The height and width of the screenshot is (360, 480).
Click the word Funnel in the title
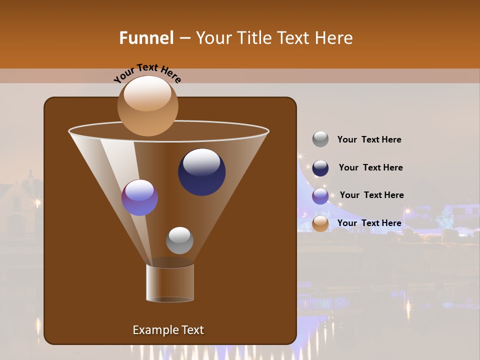pos(146,38)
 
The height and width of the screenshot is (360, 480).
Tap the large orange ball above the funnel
pos(147,105)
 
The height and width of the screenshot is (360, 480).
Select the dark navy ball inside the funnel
pos(201,172)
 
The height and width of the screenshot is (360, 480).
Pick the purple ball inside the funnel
pos(139,197)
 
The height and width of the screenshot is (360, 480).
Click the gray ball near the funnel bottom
pos(179,240)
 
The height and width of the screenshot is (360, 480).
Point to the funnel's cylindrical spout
pos(170,283)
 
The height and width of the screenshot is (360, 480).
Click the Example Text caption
pos(168,330)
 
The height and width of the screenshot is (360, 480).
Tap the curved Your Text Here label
pos(147,73)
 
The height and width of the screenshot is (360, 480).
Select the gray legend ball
pos(320,139)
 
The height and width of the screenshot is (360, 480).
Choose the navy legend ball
pos(320,168)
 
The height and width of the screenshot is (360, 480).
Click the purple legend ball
pos(320,196)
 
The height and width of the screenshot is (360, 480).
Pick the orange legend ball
pos(320,223)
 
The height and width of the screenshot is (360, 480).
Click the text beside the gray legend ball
pos(369,139)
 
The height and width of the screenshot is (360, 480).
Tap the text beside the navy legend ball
pos(370,167)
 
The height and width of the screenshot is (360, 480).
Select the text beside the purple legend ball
pos(371,195)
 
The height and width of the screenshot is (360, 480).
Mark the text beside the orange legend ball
pos(369,223)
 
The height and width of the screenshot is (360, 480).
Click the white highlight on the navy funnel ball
pos(201,161)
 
